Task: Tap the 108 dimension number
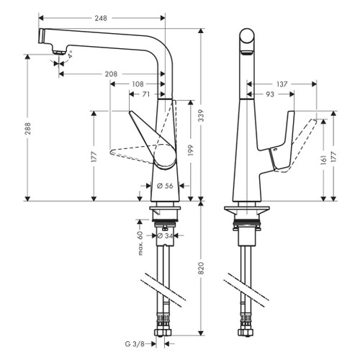pos(138,84)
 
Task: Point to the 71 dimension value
pos(146,94)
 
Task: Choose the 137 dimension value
pos(282,84)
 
